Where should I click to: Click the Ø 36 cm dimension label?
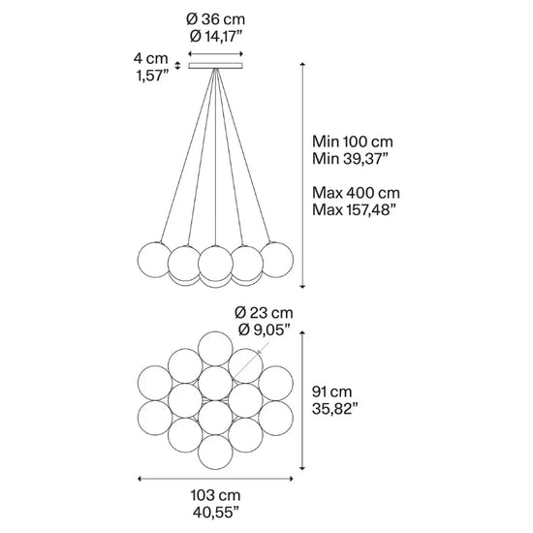click(215, 19)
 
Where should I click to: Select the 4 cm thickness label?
click(150, 58)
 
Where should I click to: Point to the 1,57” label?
click(152, 76)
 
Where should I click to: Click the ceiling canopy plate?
click(215, 66)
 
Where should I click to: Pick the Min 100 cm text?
click(353, 141)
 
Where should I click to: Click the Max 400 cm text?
click(356, 193)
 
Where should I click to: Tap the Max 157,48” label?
click(355, 209)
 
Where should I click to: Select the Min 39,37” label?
click(350, 159)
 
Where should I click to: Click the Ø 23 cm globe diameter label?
click(264, 313)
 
